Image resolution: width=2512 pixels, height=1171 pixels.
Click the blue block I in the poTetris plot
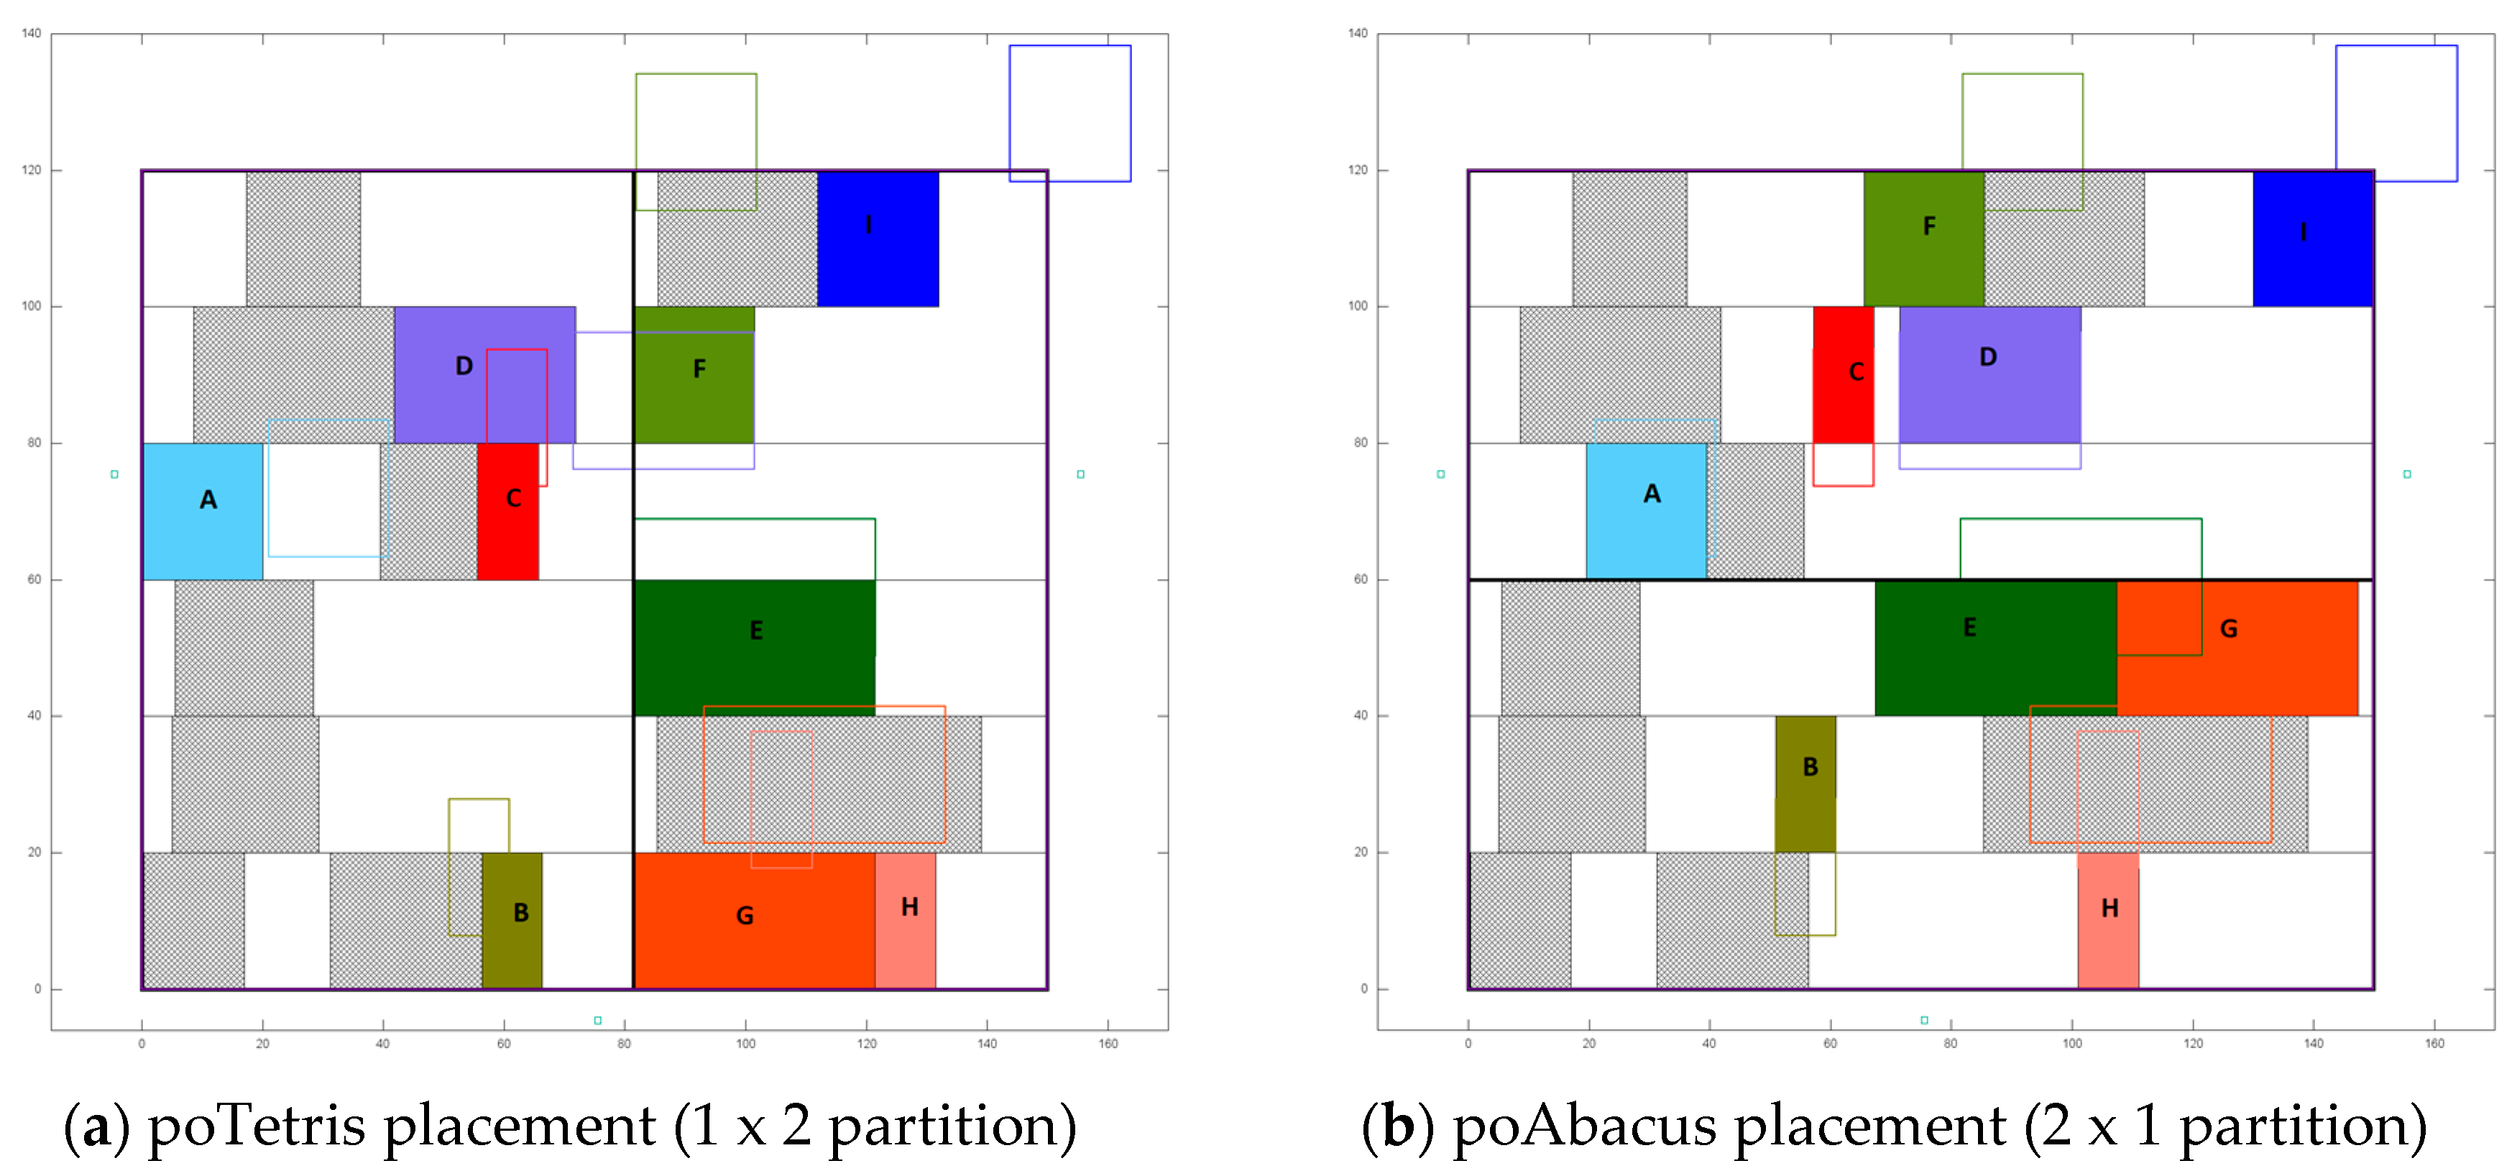(x=878, y=239)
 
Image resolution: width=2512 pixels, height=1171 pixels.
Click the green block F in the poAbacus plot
(x=1924, y=239)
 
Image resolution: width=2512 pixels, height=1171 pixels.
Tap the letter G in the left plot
(x=745, y=915)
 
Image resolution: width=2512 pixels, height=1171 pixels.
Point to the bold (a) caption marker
(x=96, y=1126)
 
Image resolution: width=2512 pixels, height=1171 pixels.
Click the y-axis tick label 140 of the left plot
(x=32, y=33)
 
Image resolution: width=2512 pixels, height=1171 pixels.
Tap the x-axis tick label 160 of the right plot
(x=2434, y=1043)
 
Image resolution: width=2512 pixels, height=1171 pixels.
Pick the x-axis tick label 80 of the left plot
(x=624, y=1043)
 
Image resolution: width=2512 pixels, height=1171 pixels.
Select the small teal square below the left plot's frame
(x=598, y=1021)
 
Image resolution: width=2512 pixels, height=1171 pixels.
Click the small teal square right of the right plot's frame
(x=2406, y=475)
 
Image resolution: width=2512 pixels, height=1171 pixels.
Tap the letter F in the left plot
(x=699, y=369)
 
